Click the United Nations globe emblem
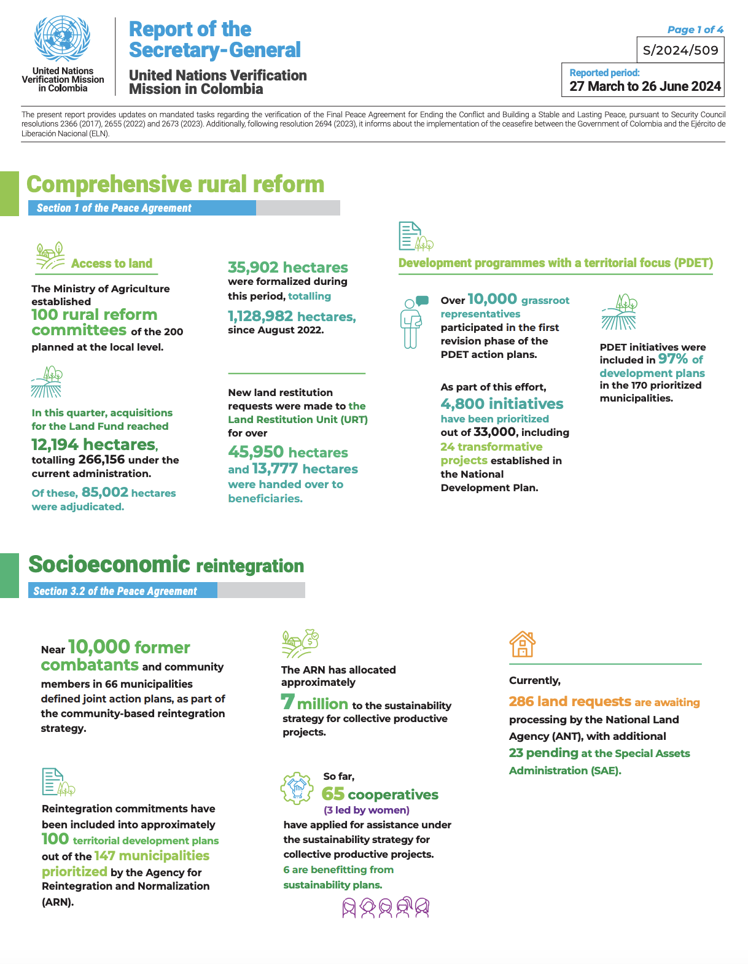pyautogui.click(x=63, y=39)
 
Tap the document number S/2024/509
pyautogui.click(x=680, y=50)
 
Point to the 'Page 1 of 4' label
pyautogui.click(x=695, y=29)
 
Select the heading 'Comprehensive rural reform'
pyautogui.click(x=176, y=184)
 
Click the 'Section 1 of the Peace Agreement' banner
pyautogui.click(x=142, y=208)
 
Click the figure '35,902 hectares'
pyautogui.click(x=287, y=267)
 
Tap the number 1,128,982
pyautogui.click(x=260, y=316)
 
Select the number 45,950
pyautogui.click(x=255, y=452)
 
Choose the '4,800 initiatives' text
pyautogui.click(x=502, y=403)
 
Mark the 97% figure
pyautogui.click(x=673, y=359)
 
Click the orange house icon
pyautogui.click(x=522, y=645)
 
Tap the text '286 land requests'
pyautogui.click(x=570, y=701)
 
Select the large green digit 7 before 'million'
pyautogui.click(x=287, y=701)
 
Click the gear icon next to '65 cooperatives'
pyautogui.click(x=297, y=788)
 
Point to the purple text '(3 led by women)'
pyautogui.click(x=367, y=810)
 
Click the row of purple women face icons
pyautogui.click(x=386, y=907)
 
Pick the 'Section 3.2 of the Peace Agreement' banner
pyautogui.click(x=123, y=591)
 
